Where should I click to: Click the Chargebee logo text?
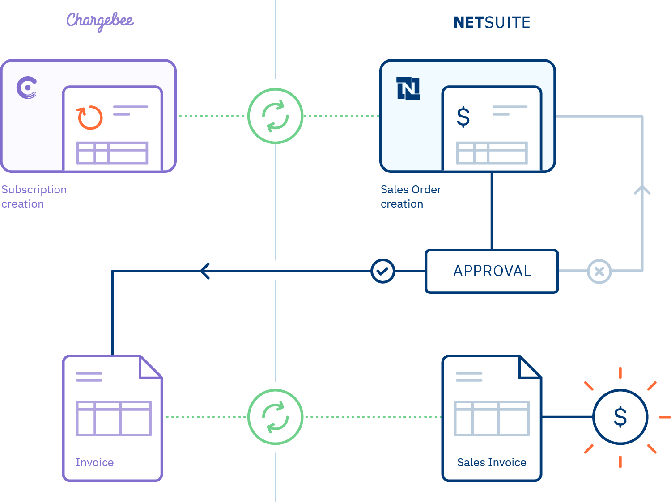pos(100,21)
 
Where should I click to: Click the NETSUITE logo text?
pos(492,23)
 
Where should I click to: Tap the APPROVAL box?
pos(492,271)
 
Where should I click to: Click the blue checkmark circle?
pos(382,271)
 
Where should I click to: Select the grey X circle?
pos(599,271)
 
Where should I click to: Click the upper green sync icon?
pos(275,116)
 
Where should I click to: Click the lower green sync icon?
pos(275,417)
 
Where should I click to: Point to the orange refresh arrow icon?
pos(90,117)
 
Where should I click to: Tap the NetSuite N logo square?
pos(408,88)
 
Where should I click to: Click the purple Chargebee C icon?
pos(26,88)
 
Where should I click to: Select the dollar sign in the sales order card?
pos(463,117)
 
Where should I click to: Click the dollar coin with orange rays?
pos(620,417)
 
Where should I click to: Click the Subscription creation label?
pos(34,197)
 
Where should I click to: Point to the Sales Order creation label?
pos(411,197)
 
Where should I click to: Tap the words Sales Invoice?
pos(492,463)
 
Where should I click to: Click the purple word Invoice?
pos(94,463)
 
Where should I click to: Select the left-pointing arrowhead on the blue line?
pos(205,271)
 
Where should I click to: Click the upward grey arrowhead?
pos(642,190)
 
